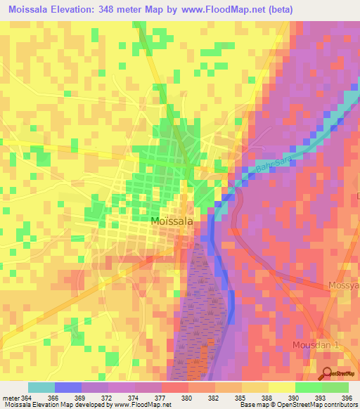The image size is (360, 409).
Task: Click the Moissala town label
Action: [172, 221]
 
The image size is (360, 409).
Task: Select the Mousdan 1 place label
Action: [315, 346]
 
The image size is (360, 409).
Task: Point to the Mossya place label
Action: [344, 286]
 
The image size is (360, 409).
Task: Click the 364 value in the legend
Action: [26, 398]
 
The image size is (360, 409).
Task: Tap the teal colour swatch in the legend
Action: [41, 387]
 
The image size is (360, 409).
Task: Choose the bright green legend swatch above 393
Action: [309, 387]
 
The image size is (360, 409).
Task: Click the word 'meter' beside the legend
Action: [11, 398]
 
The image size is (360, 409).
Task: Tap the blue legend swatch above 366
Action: [68, 387]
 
